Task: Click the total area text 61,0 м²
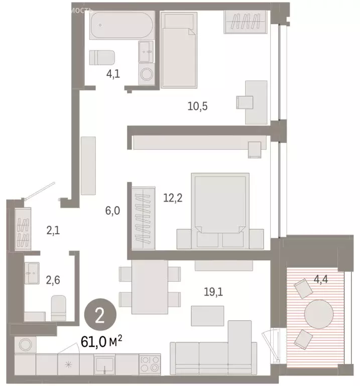[102, 343]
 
